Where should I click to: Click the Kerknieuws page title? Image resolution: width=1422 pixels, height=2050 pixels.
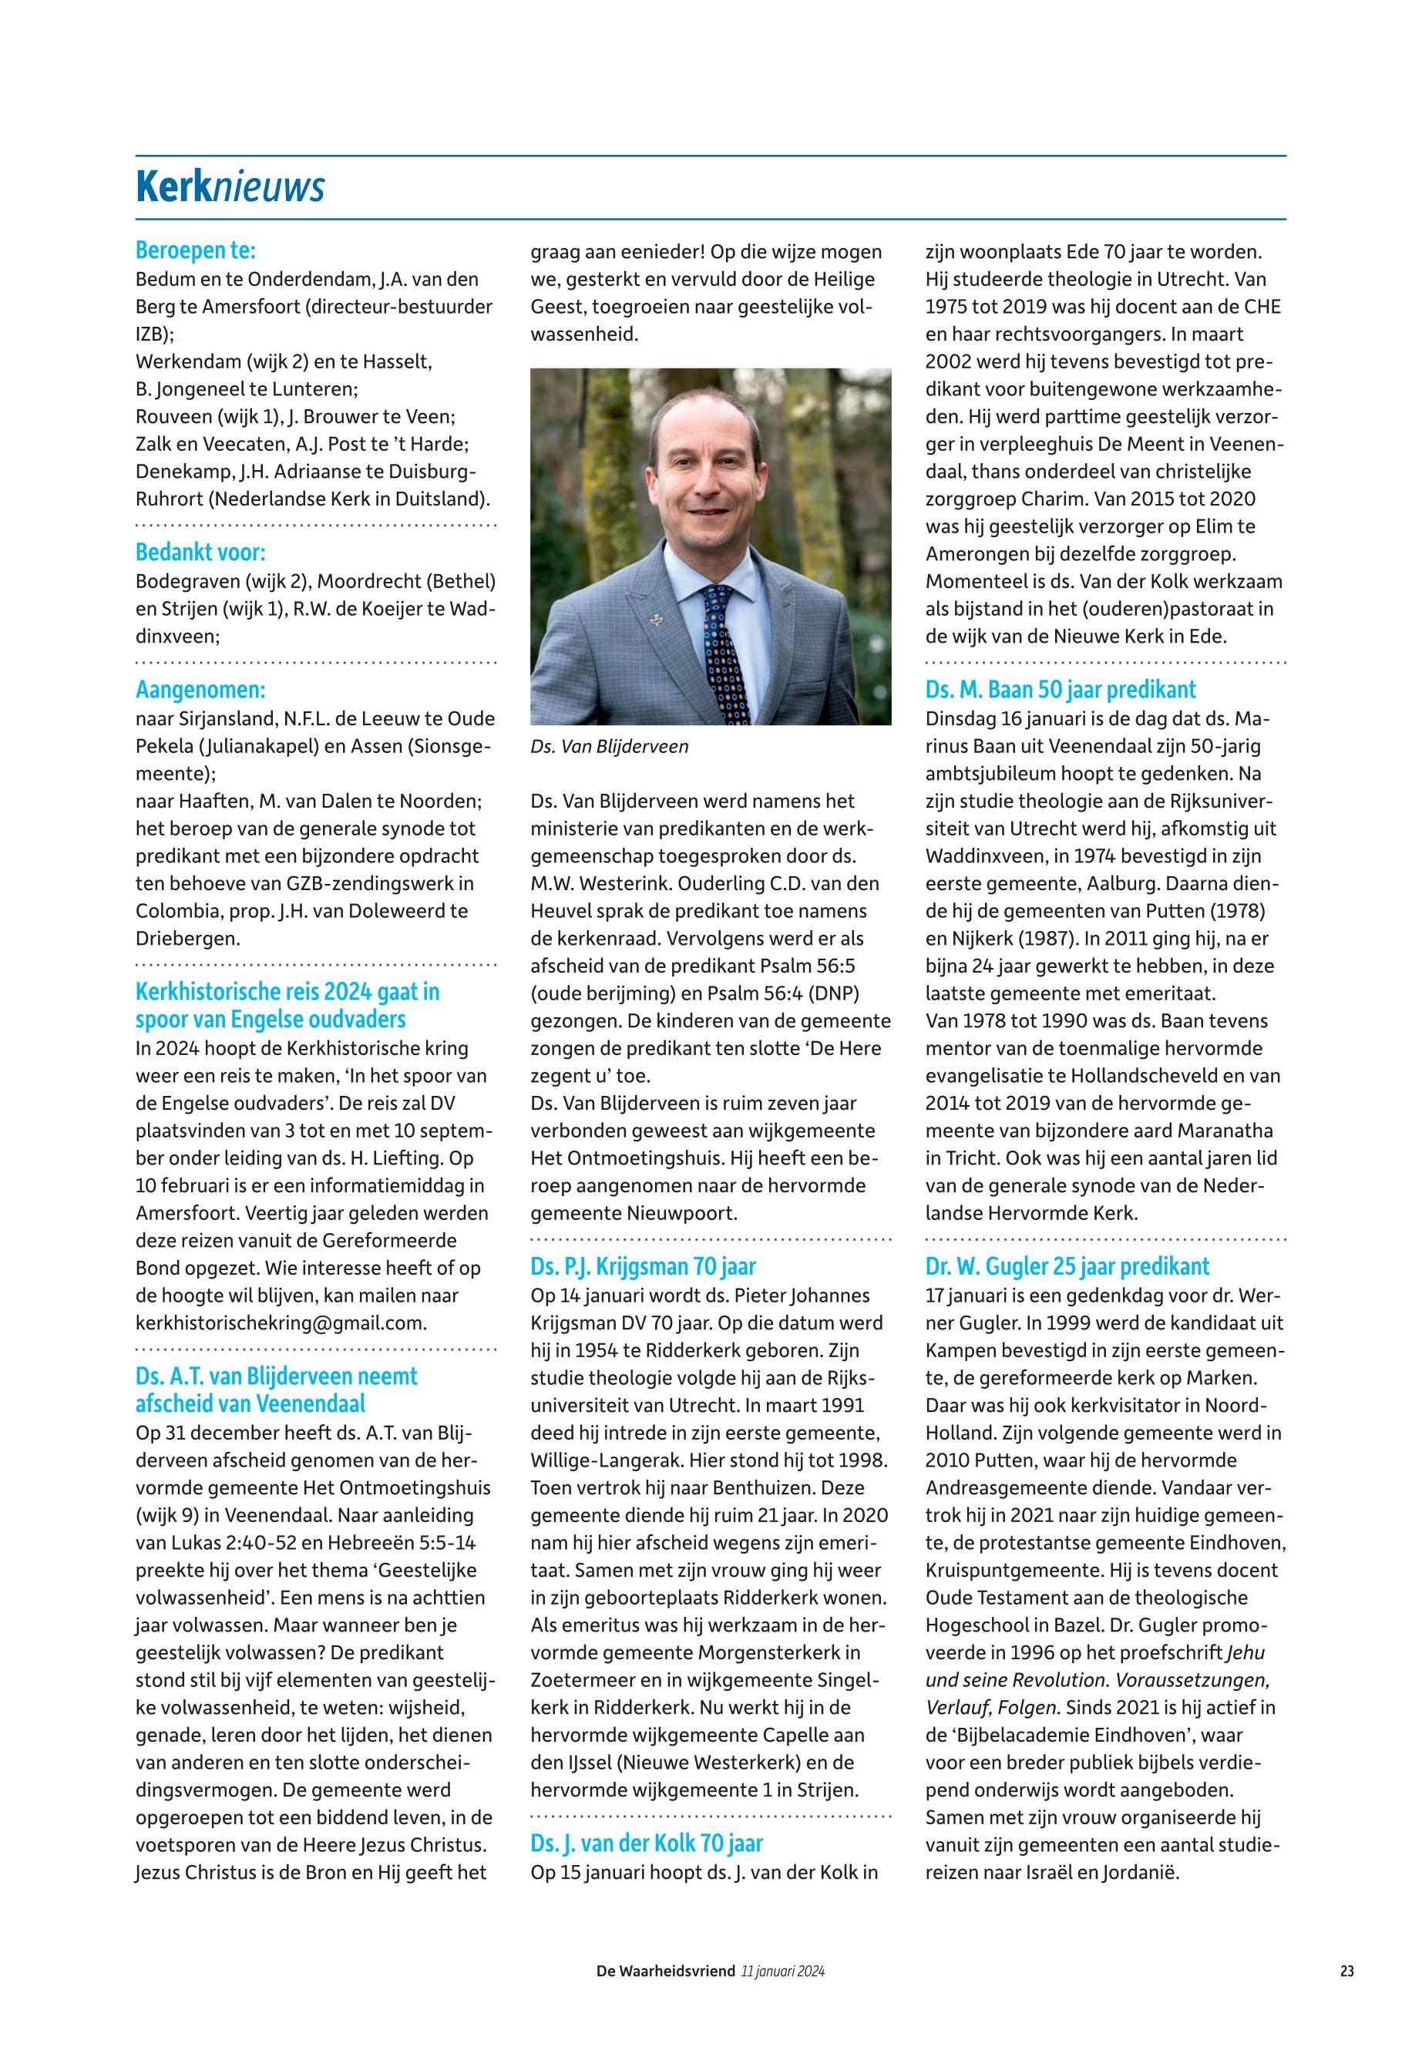230,187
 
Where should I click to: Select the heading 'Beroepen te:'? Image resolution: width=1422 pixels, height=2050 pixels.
195,250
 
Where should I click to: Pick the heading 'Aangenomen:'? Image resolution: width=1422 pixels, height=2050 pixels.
200,690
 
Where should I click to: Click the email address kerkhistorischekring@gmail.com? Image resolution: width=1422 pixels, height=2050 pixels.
281,1322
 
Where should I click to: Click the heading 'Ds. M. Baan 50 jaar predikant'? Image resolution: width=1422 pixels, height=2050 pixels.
1061,690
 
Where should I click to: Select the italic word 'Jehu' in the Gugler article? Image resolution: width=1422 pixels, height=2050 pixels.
1246,1652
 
